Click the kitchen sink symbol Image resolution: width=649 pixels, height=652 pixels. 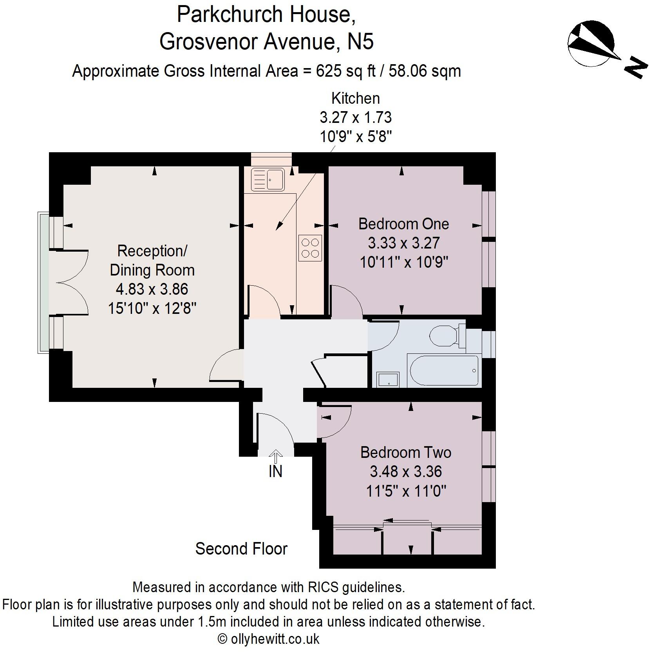268,179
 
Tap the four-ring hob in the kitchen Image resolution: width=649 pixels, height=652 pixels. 310,248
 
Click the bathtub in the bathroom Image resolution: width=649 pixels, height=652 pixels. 444,371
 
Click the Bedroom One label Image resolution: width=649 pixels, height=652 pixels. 403,224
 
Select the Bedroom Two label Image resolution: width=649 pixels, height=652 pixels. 406,452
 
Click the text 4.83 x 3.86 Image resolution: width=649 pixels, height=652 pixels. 152,289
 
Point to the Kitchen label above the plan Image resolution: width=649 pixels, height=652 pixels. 355,98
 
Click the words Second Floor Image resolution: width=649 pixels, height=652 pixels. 241,549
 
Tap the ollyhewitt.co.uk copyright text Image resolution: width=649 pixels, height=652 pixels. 269,639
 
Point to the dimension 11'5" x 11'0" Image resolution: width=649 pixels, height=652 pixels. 406,490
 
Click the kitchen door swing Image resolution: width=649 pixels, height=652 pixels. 263,299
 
